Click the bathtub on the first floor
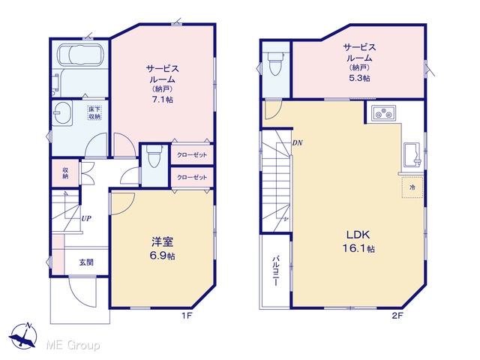[82, 55]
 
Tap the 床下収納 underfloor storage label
[94, 112]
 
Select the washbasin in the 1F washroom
[62, 113]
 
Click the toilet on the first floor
[154, 156]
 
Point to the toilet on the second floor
[275, 64]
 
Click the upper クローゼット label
[192, 155]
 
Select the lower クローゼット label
[192, 177]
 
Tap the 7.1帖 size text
[162, 100]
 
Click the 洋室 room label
[162, 241]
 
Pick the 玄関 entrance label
[86, 262]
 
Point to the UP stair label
[86, 218]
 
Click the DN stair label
[297, 142]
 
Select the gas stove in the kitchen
[384, 113]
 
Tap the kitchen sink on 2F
[412, 155]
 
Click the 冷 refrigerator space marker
[412, 187]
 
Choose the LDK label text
[358, 235]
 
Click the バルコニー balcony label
[275, 271]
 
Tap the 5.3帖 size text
[360, 78]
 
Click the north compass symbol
[23, 337]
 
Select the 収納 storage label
[65, 173]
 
